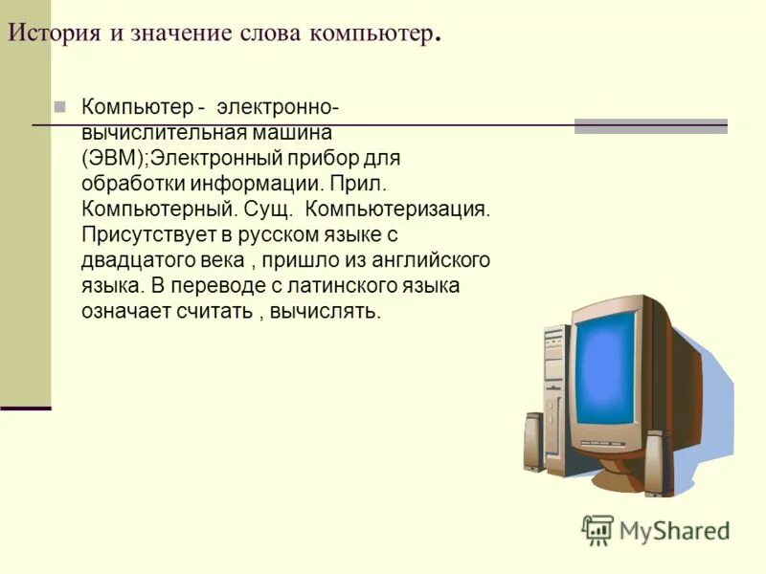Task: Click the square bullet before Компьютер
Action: (60, 105)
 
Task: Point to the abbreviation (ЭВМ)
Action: (112, 158)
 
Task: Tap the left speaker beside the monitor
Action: (534, 444)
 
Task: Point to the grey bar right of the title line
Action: (650, 125)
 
